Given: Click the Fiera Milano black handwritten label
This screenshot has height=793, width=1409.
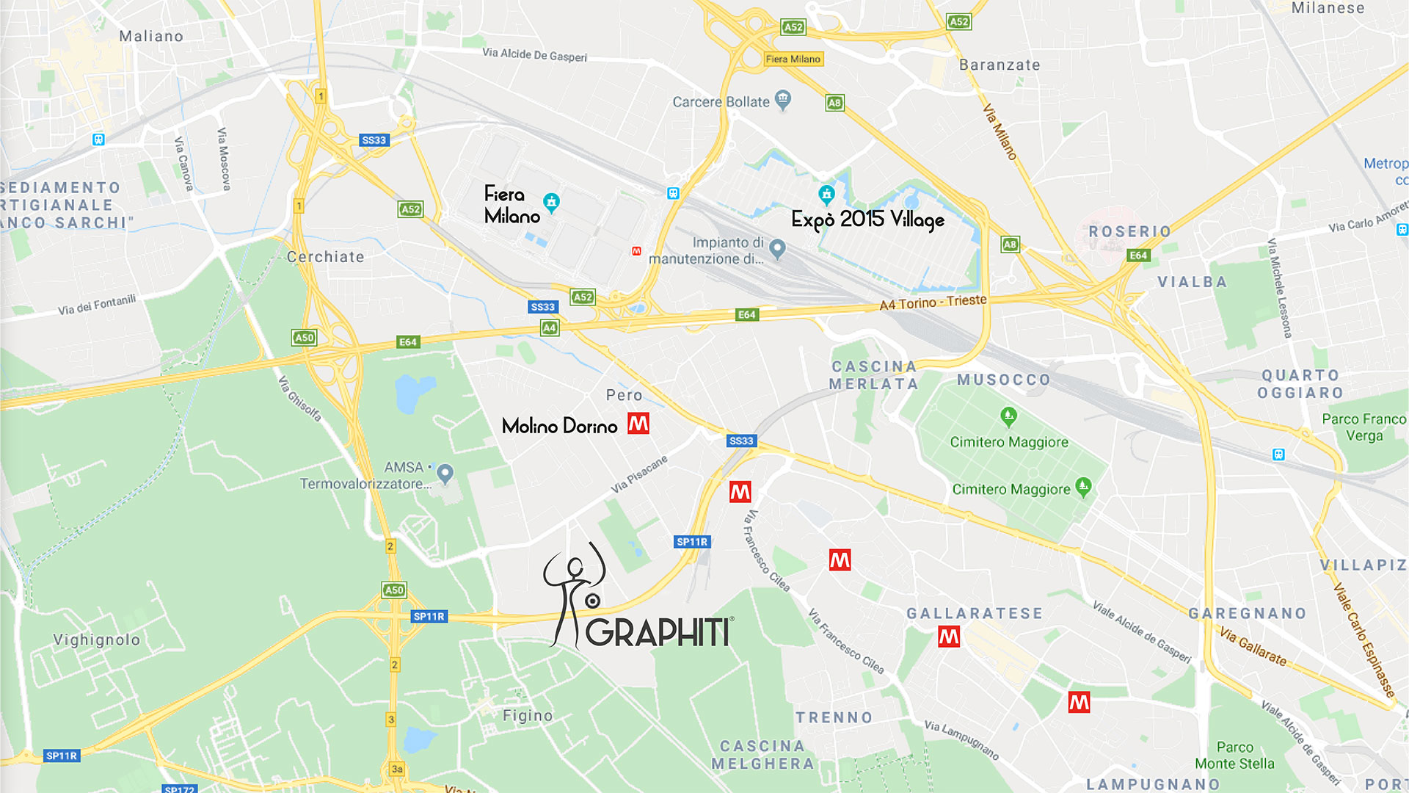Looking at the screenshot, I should click(x=511, y=205).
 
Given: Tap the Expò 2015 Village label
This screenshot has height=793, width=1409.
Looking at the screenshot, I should click(x=867, y=219).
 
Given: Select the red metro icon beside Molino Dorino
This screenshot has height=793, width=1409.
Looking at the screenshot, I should click(x=638, y=424).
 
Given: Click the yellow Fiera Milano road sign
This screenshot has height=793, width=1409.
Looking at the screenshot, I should click(x=793, y=59).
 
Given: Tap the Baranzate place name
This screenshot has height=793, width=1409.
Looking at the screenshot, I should click(x=1000, y=65).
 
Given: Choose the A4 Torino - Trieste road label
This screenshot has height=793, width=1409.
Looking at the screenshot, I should click(x=933, y=302).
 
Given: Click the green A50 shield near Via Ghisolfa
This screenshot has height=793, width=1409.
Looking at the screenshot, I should click(x=304, y=338).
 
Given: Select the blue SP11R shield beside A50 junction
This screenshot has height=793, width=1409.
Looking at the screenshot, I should click(x=429, y=616).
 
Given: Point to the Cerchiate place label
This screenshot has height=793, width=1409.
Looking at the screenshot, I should click(x=325, y=257).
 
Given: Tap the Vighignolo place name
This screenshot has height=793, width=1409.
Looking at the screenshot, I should click(x=96, y=640).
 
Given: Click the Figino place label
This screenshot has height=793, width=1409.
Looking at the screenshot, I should click(x=528, y=715).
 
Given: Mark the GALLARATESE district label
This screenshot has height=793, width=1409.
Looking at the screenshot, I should click(x=974, y=613).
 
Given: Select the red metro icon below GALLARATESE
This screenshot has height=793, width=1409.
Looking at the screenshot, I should click(x=949, y=637).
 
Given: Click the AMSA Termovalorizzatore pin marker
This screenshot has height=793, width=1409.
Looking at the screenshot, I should click(x=445, y=472).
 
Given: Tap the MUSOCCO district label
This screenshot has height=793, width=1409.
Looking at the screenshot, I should click(x=1003, y=380).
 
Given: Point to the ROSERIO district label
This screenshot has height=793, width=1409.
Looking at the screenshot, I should click(x=1129, y=231).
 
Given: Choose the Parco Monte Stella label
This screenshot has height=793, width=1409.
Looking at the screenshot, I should click(x=1234, y=756).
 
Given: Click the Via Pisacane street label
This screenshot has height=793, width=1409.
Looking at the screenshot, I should click(x=639, y=474).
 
